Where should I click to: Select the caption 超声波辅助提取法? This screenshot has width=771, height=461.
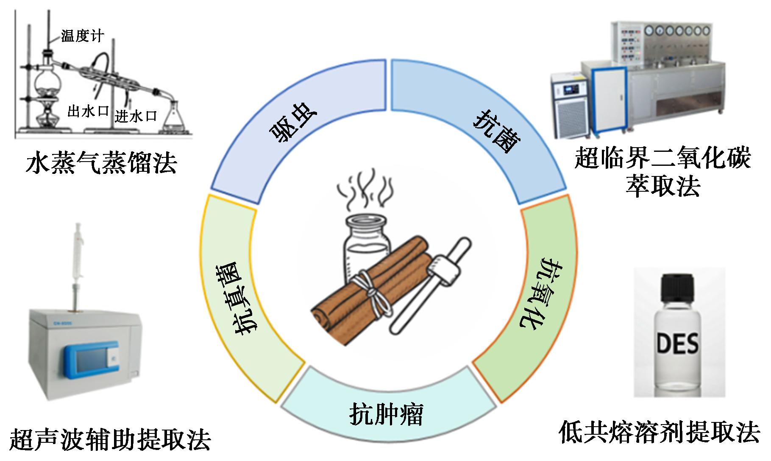(110, 439)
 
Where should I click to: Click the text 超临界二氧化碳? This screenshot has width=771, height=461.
(662, 158)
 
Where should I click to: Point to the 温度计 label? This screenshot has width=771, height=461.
(82, 36)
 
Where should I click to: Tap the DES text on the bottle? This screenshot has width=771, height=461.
(677, 344)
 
